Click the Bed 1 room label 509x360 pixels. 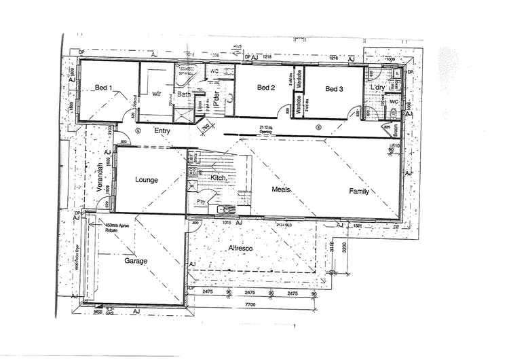(x=103, y=88)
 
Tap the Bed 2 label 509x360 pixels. (x=265, y=88)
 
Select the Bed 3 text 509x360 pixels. (x=334, y=89)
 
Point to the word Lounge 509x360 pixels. (x=147, y=180)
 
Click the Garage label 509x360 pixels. (x=136, y=260)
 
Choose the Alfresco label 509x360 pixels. (x=240, y=249)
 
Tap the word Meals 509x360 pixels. (x=282, y=190)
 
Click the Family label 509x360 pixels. (x=359, y=192)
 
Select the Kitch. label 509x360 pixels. (x=218, y=177)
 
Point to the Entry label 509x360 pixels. (x=162, y=130)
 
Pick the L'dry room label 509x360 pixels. (x=377, y=89)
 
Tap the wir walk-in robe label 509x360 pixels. (x=156, y=93)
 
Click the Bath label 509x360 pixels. (x=184, y=94)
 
